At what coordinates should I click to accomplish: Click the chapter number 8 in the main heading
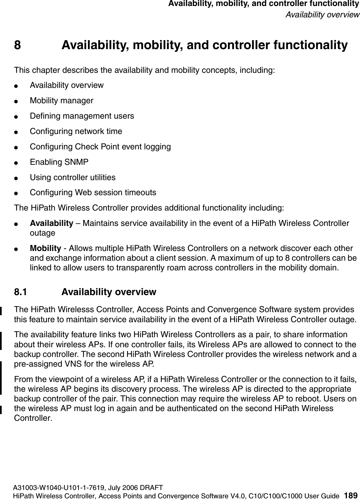tap(18, 45)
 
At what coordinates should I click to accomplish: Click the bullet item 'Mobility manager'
tap(62, 101)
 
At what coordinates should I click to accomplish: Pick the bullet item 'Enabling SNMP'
tap(59, 162)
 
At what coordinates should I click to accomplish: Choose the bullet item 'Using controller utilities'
tap(73, 177)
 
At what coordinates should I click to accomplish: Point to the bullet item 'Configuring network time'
tap(76, 131)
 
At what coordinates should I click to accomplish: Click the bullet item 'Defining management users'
tap(82, 116)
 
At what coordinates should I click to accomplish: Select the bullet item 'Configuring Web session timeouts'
tap(93, 193)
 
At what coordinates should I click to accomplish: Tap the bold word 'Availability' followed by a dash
tap(51, 223)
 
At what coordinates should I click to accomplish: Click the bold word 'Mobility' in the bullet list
tap(45, 249)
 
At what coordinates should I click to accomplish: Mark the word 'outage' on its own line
tap(42, 233)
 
